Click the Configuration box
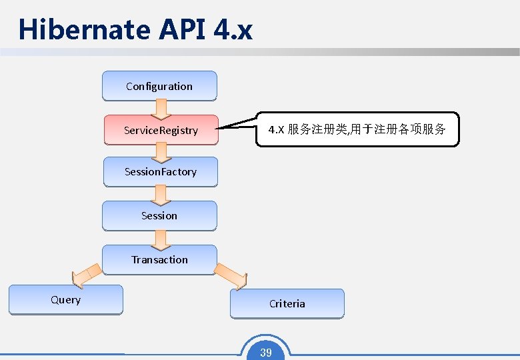coord(159,86)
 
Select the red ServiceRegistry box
coord(161,130)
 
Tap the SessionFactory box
coord(160,171)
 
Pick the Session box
coord(159,215)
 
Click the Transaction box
coord(159,259)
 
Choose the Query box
coord(65,299)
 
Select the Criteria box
coord(287,303)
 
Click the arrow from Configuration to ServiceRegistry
coord(161,108)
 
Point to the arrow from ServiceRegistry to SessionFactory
coord(161,153)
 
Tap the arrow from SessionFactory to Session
coord(161,194)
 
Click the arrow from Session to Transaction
coord(161,238)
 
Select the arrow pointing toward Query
coord(86,273)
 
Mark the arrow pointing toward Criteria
coord(232,274)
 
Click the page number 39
coord(266,353)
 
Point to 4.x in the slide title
coord(234,30)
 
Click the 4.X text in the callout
coord(276,129)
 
